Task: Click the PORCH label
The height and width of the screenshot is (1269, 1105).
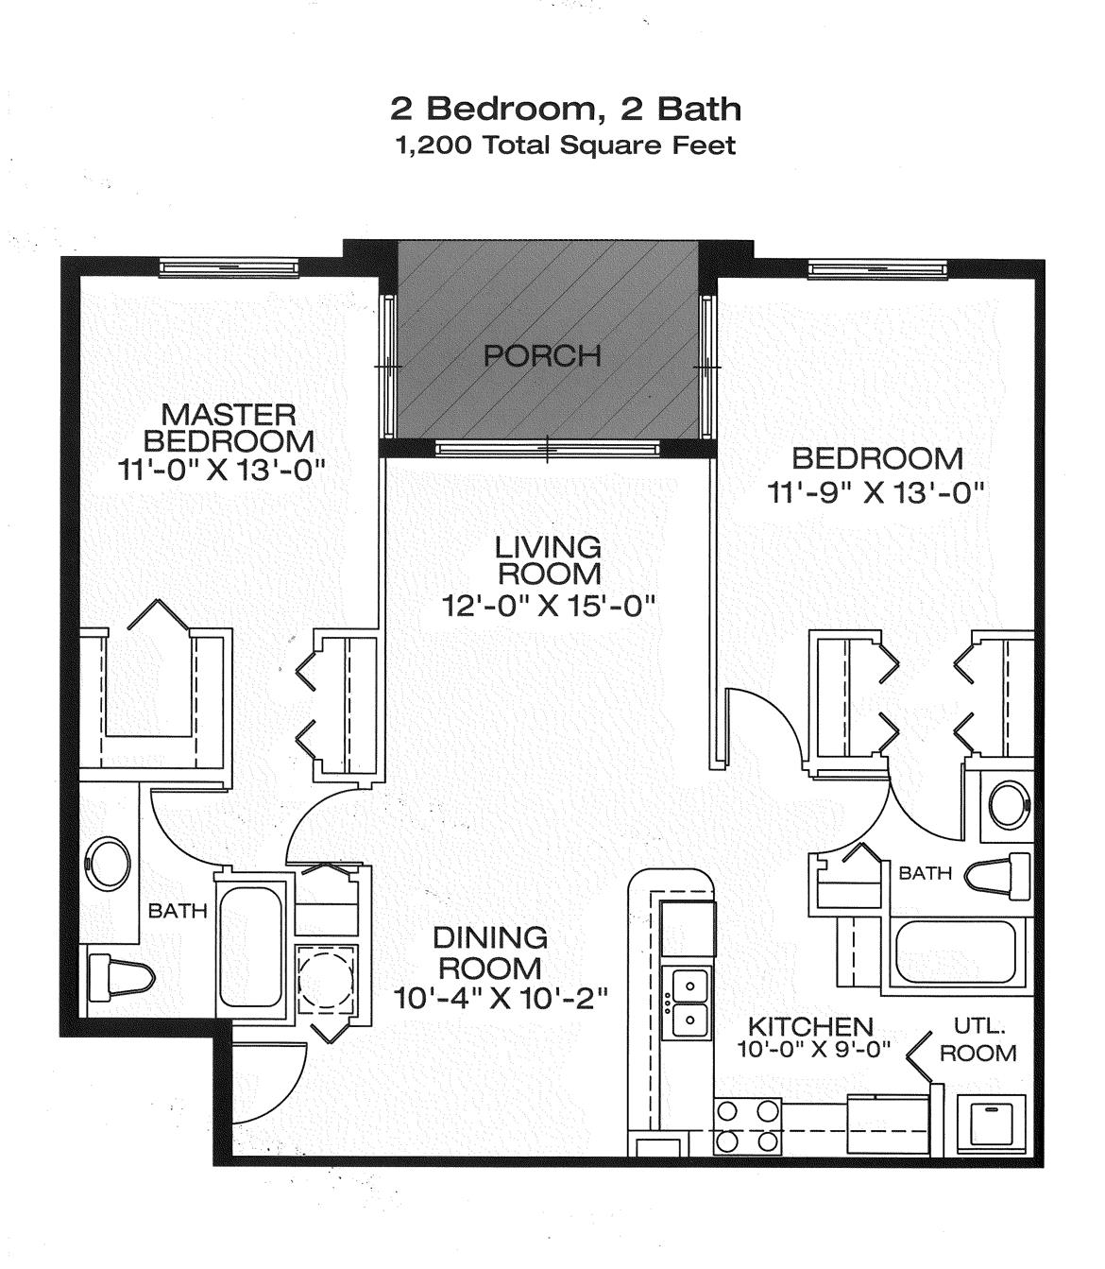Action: click(x=542, y=356)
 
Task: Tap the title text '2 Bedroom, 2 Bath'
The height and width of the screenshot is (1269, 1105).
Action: click(x=566, y=109)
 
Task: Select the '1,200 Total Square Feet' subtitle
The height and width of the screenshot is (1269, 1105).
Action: click(x=566, y=146)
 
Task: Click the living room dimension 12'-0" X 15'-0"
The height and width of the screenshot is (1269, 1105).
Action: click(x=549, y=605)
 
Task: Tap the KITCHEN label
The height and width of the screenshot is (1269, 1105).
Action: click(x=809, y=1026)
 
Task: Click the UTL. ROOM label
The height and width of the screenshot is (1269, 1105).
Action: click(x=978, y=1039)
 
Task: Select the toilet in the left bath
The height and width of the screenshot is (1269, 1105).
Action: click(x=119, y=977)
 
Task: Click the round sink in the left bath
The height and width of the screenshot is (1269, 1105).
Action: click(x=108, y=863)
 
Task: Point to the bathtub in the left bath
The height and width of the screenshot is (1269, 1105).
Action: click(x=249, y=948)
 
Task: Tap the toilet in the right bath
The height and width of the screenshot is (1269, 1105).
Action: click(x=998, y=876)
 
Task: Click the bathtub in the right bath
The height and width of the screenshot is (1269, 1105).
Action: click(x=955, y=952)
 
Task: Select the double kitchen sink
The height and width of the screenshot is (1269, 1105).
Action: click(x=690, y=1003)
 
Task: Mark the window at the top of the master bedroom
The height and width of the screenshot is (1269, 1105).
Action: click(x=229, y=268)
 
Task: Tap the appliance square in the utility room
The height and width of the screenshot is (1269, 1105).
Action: click(x=988, y=1125)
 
